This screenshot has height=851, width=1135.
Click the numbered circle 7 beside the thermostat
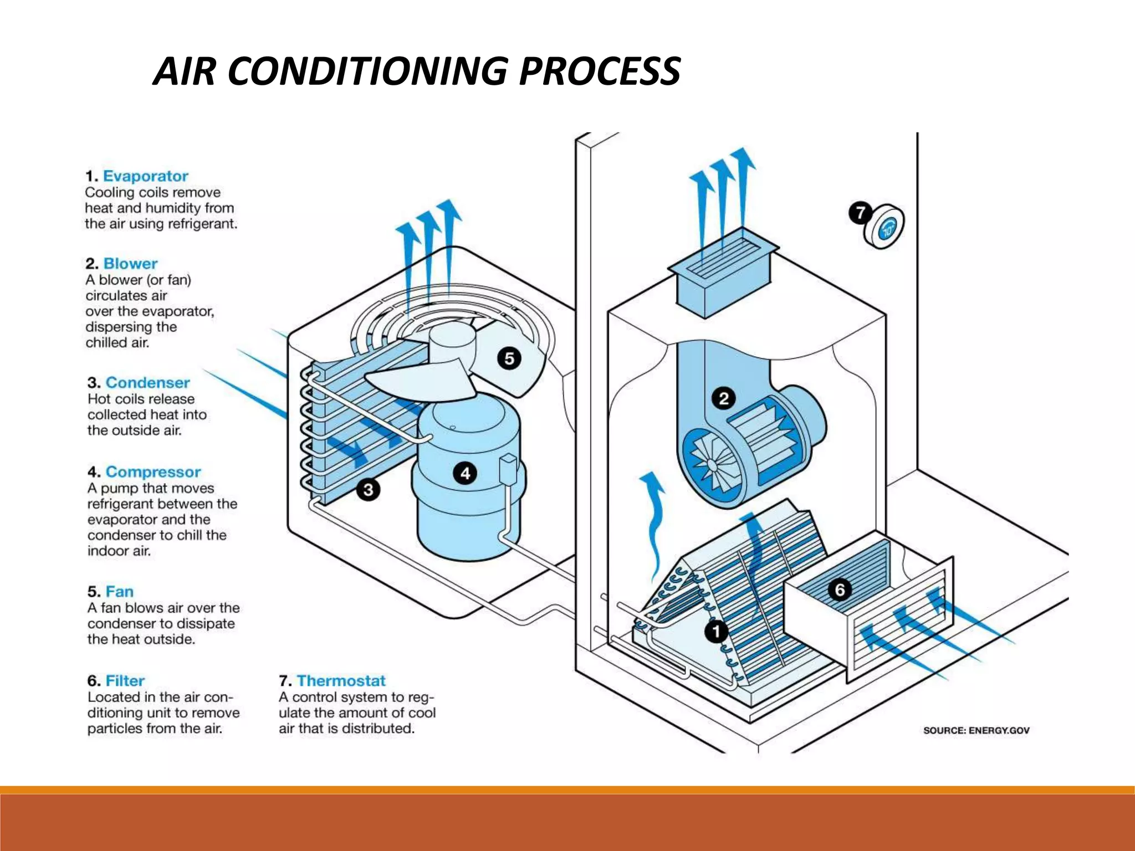pyautogui.click(x=860, y=213)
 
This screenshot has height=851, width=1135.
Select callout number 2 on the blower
pyautogui.click(x=723, y=398)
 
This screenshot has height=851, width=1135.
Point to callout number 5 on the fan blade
pyautogui.click(x=509, y=358)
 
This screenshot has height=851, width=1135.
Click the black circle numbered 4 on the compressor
pyautogui.click(x=465, y=473)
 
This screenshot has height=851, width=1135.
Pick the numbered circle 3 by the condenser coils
pyautogui.click(x=368, y=490)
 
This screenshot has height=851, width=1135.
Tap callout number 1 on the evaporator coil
pyautogui.click(x=716, y=631)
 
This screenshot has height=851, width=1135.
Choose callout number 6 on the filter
pyautogui.click(x=840, y=589)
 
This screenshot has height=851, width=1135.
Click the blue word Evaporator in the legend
pyautogui.click(x=146, y=176)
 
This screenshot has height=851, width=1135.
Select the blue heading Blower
pyautogui.click(x=130, y=264)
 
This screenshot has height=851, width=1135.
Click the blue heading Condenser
pyautogui.click(x=147, y=383)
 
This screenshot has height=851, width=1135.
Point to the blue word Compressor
pyautogui.click(x=153, y=472)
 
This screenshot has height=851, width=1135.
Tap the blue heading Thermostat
pyautogui.click(x=341, y=681)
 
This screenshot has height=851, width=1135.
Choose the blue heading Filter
pyautogui.click(x=125, y=681)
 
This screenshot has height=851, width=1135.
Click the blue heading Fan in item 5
pyautogui.click(x=120, y=592)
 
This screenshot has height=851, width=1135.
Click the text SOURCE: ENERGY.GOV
pyautogui.click(x=976, y=731)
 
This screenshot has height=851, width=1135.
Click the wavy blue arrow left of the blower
pyautogui.click(x=654, y=521)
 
